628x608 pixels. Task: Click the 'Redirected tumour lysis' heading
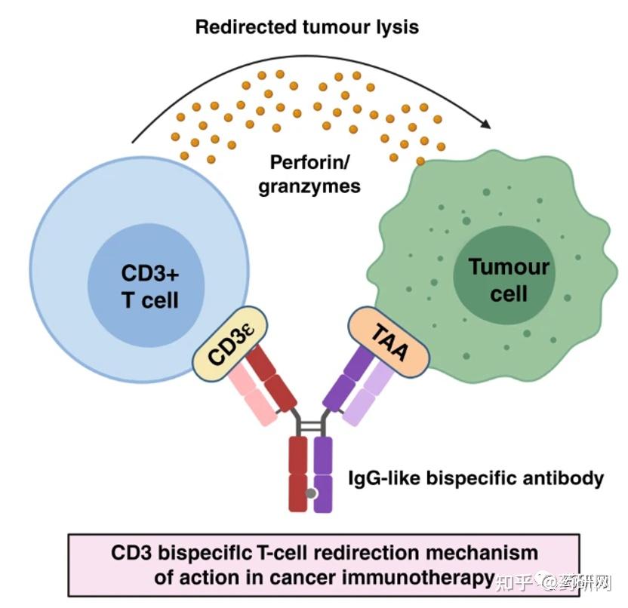(x=306, y=28)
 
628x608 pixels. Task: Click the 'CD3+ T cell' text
(x=149, y=286)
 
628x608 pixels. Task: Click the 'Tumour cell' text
(x=508, y=279)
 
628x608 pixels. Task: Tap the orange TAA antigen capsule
(x=389, y=343)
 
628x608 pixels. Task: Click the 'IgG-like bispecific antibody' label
(x=476, y=478)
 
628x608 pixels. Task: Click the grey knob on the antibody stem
(x=310, y=494)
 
